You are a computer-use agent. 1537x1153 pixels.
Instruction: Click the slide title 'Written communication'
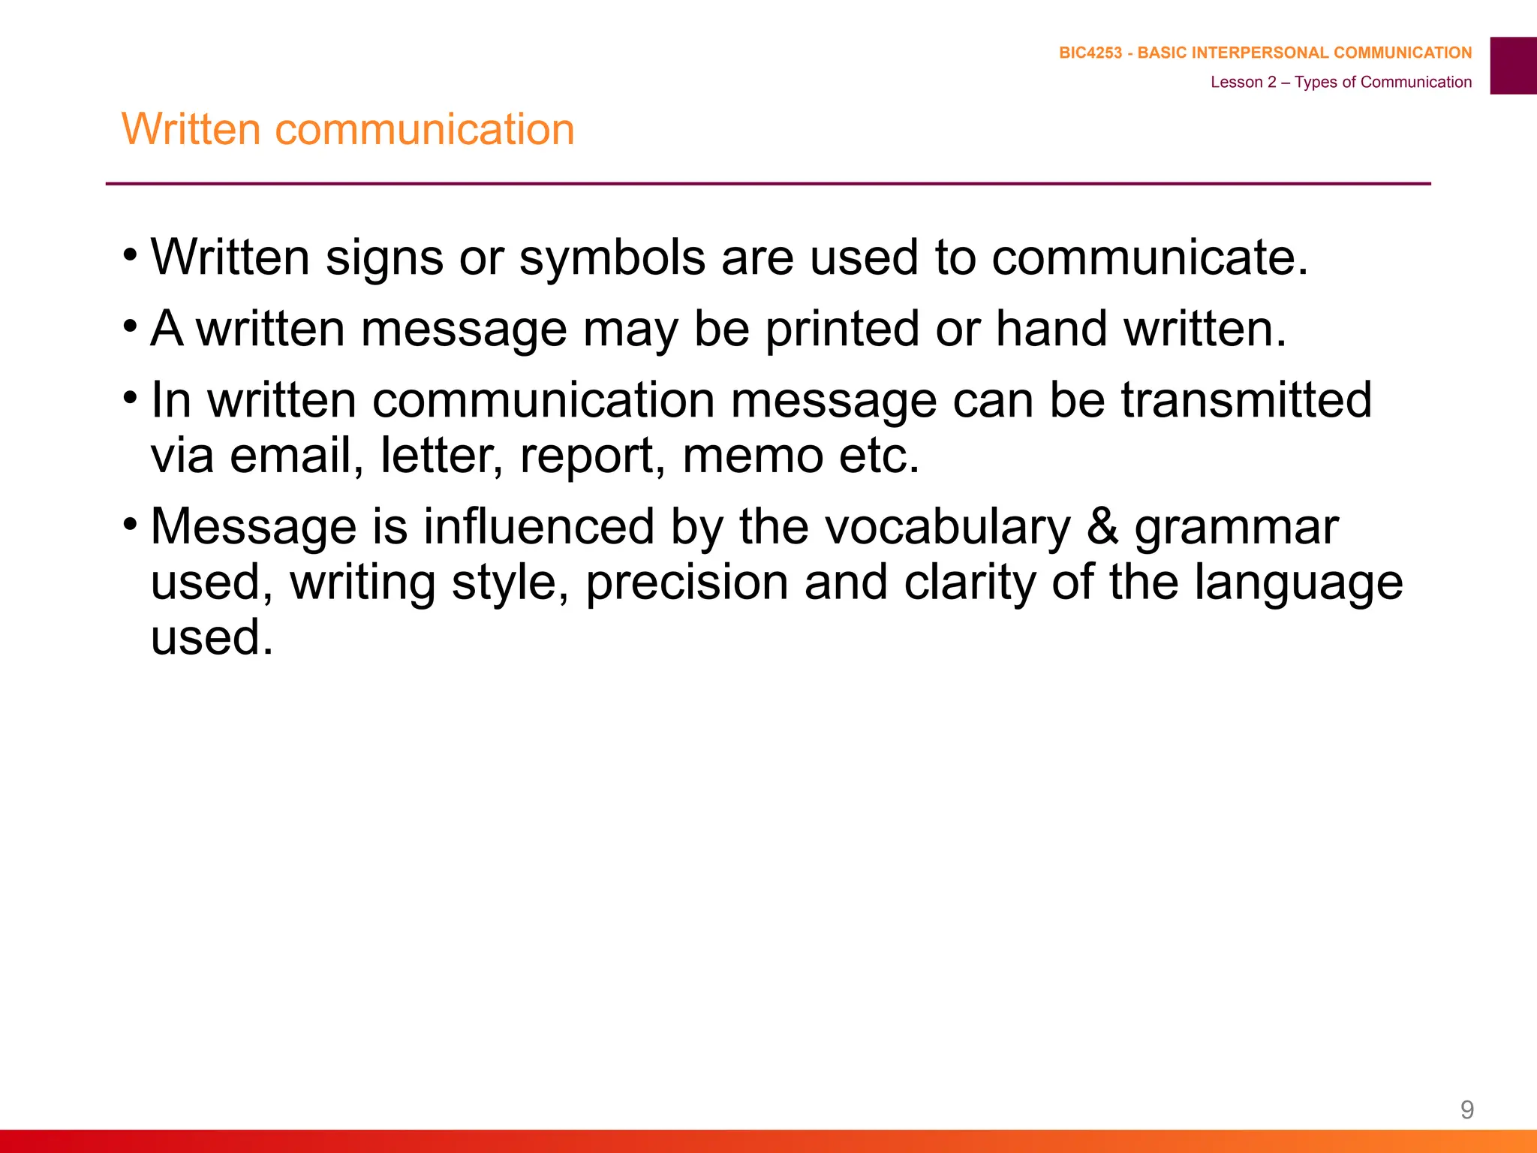coord(347,129)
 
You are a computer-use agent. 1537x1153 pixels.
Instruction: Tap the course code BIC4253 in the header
coord(1090,53)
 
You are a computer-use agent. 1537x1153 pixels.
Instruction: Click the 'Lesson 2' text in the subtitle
coord(1243,82)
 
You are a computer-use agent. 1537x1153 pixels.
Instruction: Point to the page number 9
coord(1466,1109)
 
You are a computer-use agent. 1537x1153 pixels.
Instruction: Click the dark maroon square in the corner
coord(1513,65)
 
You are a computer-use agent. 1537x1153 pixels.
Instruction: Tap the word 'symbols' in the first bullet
coord(612,257)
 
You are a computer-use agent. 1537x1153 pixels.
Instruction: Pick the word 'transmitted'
coord(1246,399)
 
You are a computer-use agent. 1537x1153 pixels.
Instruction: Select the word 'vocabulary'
coord(948,526)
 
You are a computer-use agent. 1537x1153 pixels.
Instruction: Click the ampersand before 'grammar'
coord(1102,526)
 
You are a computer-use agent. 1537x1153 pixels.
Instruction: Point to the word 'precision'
coord(687,583)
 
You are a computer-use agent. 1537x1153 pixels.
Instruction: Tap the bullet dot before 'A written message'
coord(131,326)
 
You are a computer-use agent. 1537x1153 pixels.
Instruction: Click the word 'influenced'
coord(539,526)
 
